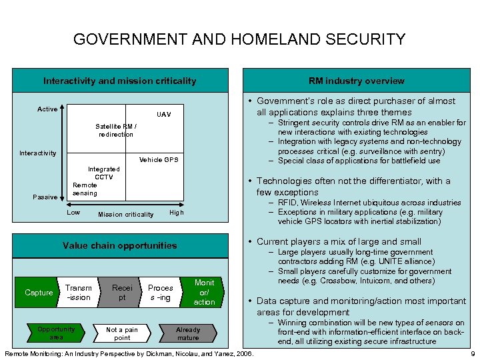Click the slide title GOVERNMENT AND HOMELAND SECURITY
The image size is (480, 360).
pyautogui.click(x=239, y=39)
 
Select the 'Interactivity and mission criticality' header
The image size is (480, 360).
pyautogui.click(x=120, y=81)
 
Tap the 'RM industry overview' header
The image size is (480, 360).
pyautogui.click(x=356, y=81)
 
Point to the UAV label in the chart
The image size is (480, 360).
pyautogui.click(x=163, y=115)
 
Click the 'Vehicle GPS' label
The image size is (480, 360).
pyautogui.click(x=158, y=160)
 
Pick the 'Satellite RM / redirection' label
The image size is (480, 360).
pyautogui.click(x=116, y=130)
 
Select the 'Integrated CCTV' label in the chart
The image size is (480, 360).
pyautogui.click(x=103, y=173)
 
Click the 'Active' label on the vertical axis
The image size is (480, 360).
pyautogui.click(x=47, y=109)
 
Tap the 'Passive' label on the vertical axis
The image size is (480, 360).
pyautogui.click(x=45, y=197)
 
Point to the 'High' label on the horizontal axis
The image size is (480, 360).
pyautogui.click(x=176, y=213)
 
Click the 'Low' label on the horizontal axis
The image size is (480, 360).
pyautogui.click(x=73, y=213)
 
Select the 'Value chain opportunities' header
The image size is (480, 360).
pyautogui.click(x=120, y=245)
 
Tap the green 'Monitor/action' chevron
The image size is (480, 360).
pyautogui.click(x=203, y=293)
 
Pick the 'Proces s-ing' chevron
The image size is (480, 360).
pyautogui.click(x=161, y=293)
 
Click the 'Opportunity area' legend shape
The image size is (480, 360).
pyautogui.click(x=56, y=333)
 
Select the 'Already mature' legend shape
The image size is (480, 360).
pyautogui.click(x=187, y=333)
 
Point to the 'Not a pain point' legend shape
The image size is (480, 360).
pyautogui.click(x=122, y=333)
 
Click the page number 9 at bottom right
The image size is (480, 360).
pyautogui.click(x=473, y=353)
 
